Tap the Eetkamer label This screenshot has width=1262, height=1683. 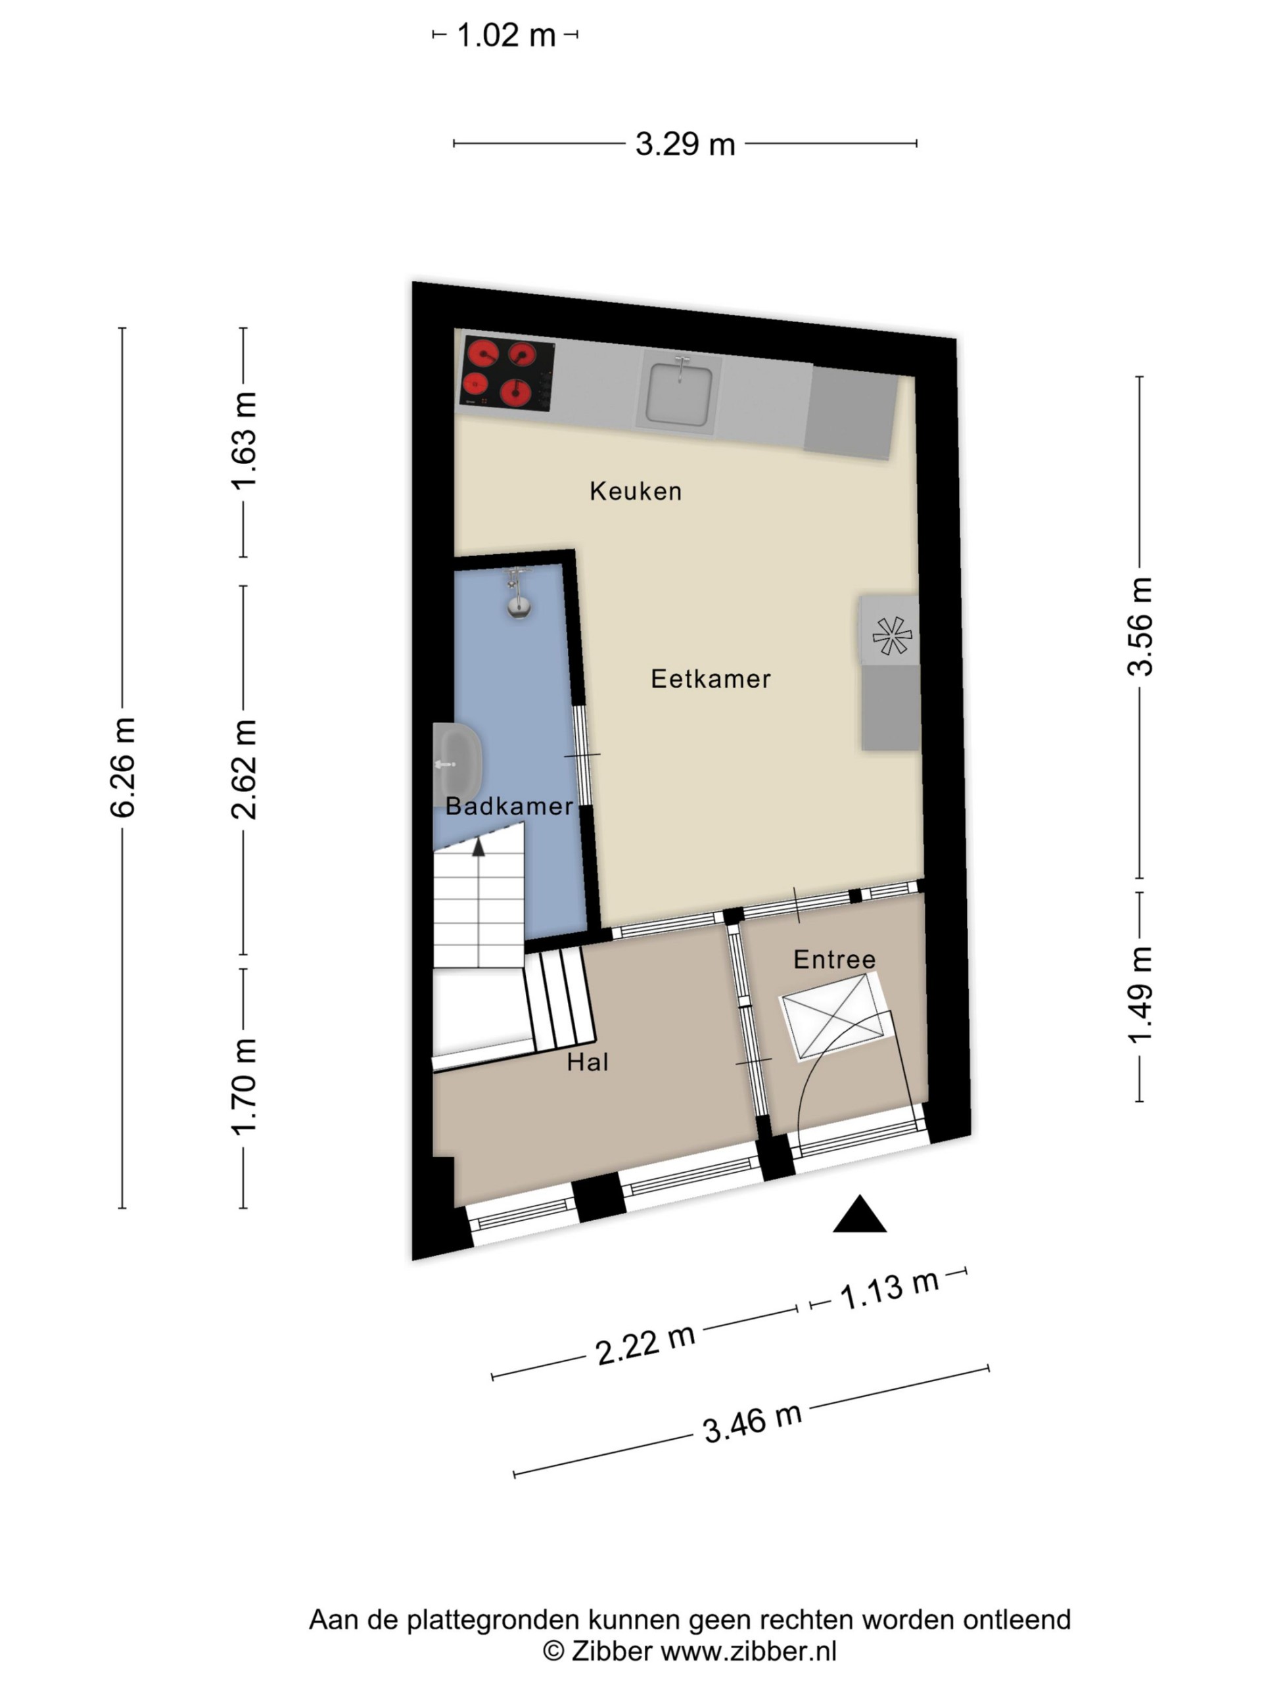tap(711, 678)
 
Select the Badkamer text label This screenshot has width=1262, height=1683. tap(509, 806)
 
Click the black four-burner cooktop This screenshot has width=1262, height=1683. tap(507, 373)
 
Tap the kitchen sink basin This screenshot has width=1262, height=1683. tap(679, 392)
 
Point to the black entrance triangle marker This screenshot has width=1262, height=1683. tap(860, 1214)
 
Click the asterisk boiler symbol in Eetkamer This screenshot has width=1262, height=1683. tap(891, 635)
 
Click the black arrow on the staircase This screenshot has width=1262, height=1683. tap(478, 847)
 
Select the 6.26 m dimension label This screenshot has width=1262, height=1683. tap(122, 767)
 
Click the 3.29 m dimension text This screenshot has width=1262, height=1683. tap(685, 144)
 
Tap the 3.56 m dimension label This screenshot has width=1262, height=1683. tap(1140, 626)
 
